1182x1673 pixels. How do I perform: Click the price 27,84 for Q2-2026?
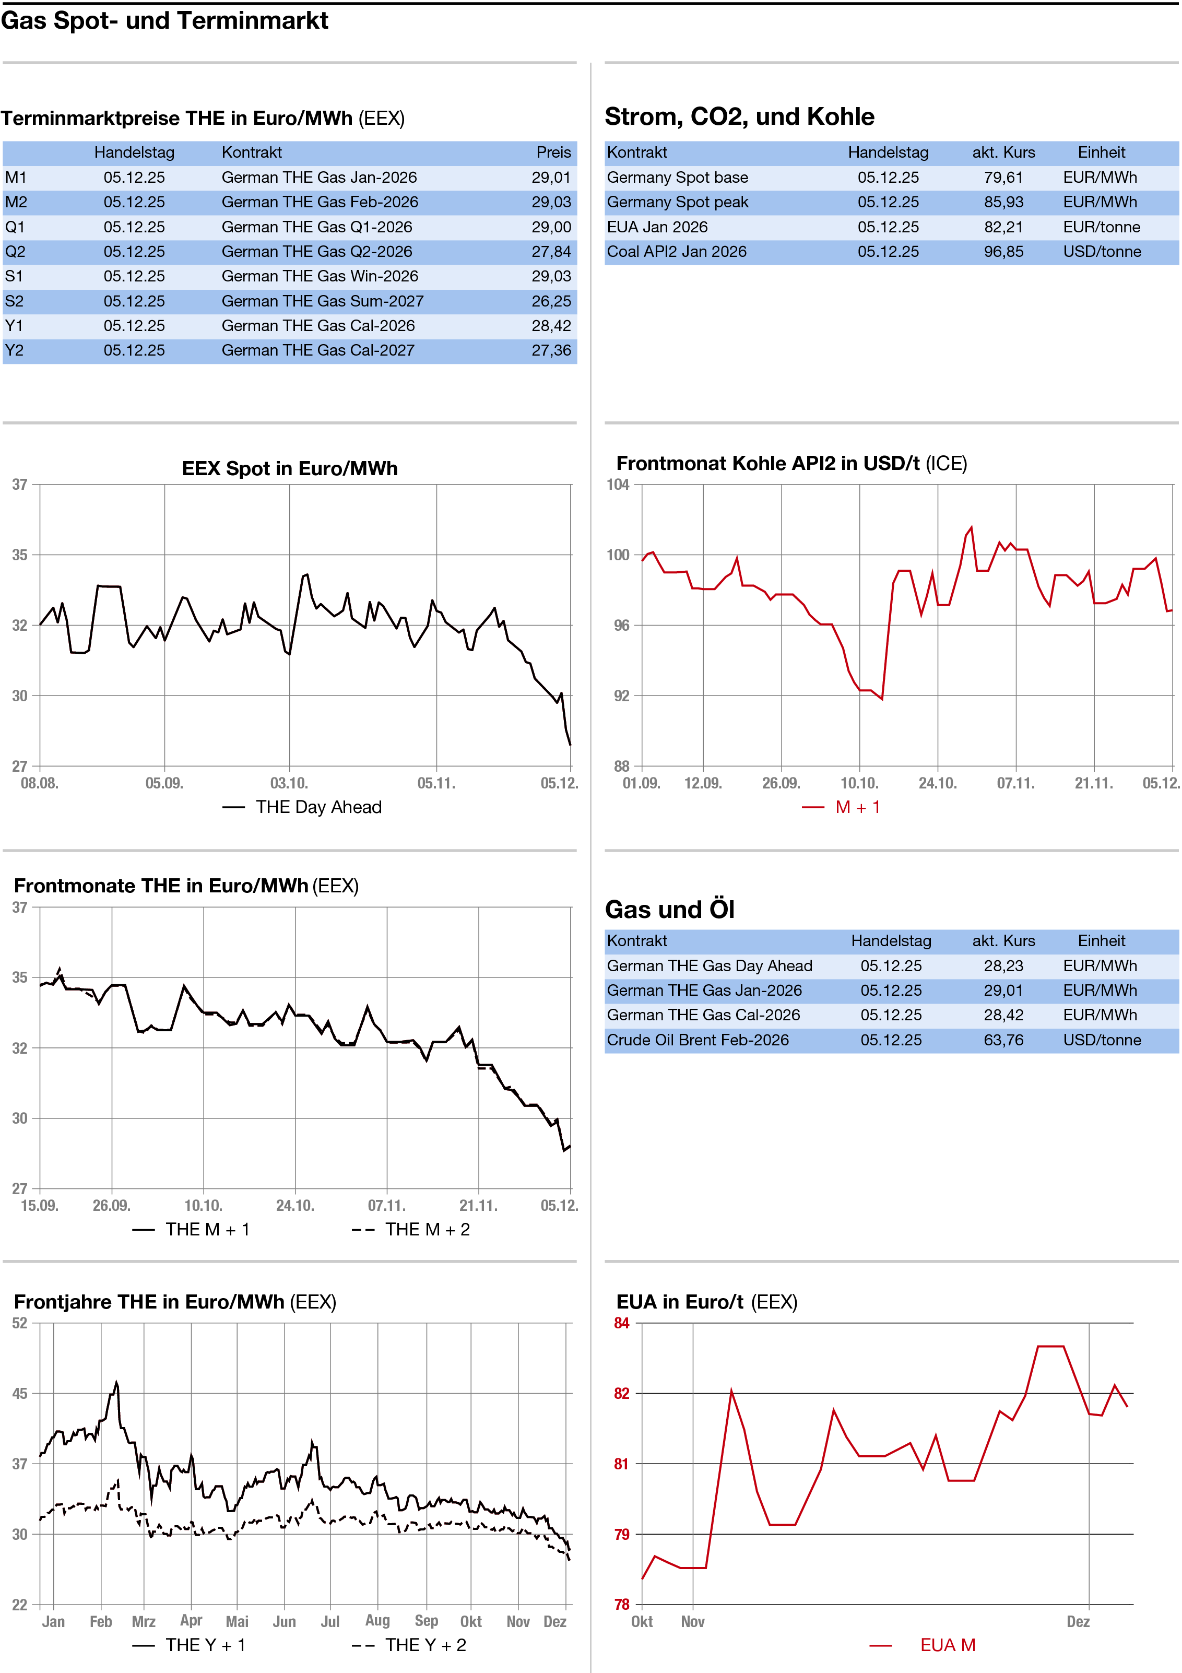click(550, 251)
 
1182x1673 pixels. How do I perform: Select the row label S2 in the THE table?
click(15, 301)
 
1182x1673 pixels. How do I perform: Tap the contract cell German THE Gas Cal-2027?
click(318, 350)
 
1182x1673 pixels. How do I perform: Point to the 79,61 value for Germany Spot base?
click(1003, 177)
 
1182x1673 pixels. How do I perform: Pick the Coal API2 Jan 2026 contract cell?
click(676, 251)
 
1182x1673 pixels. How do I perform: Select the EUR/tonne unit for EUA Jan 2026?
click(1101, 227)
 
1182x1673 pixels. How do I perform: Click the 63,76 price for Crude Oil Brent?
click(1003, 1040)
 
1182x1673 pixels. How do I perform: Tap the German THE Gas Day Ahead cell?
click(709, 965)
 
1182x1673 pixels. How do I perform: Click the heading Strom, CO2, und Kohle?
click(739, 116)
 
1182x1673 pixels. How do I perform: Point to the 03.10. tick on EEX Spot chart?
click(289, 783)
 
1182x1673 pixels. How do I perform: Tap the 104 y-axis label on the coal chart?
click(618, 485)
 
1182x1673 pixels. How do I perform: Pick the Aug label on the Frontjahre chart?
click(377, 1621)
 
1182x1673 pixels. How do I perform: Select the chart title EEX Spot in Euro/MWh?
click(289, 468)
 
